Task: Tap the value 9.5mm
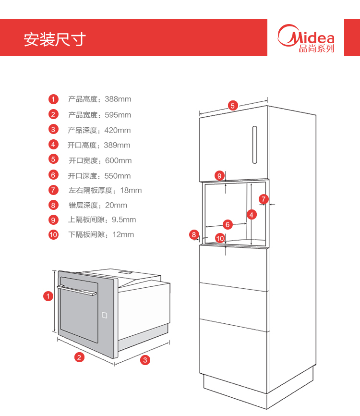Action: point(124,220)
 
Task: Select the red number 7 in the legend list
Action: point(53,190)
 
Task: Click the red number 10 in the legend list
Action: point(53,234)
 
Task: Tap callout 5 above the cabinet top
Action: point(233,106)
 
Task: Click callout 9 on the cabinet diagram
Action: point(219,176)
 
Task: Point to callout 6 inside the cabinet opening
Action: point(228,224)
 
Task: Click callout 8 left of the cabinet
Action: point(194,234)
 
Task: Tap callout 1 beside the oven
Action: point(48,296)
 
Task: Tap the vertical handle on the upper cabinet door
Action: point(254,144)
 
